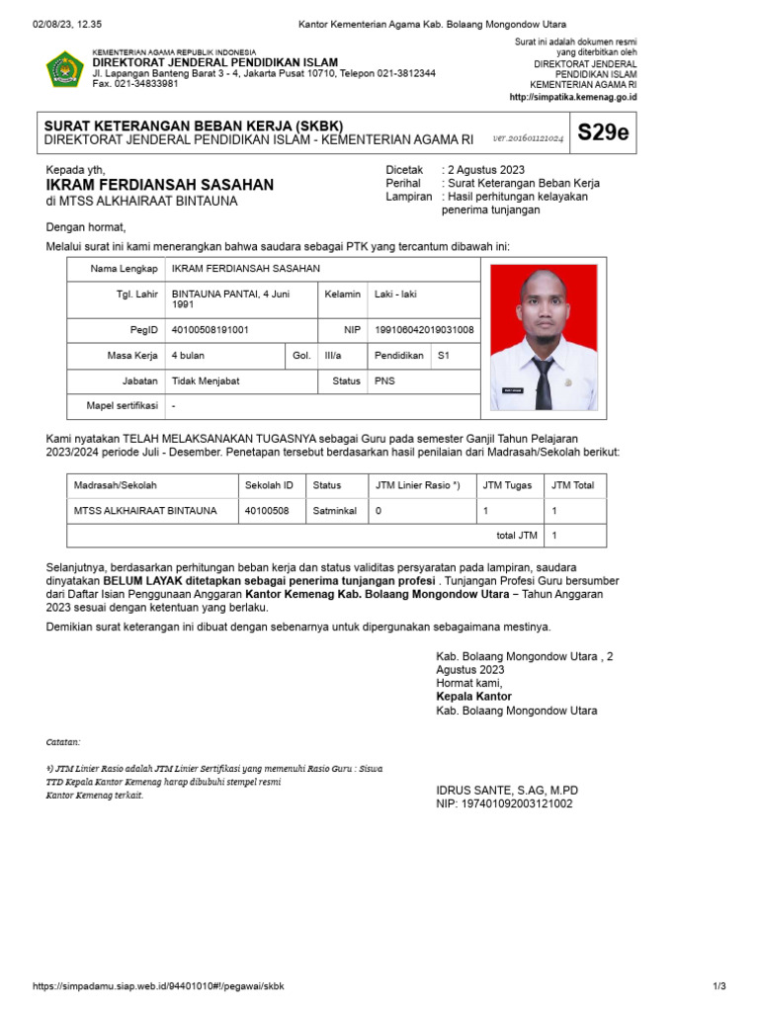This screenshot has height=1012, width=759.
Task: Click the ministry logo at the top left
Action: tap(64, 68)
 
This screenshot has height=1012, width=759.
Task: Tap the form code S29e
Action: tap(603, 133)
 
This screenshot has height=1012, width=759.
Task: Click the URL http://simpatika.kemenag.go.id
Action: tap(573, 98)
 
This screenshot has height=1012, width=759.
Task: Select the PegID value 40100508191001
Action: tap(211, 330)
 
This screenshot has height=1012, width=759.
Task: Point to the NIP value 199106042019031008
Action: tap(422, 330)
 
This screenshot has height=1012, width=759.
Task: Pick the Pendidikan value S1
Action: tap(444, 355)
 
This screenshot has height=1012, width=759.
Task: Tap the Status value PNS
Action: tap(384, 380)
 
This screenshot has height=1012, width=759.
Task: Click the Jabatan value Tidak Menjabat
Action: tap(206, 380)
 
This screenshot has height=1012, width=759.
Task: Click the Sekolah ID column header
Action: tap(268, 485)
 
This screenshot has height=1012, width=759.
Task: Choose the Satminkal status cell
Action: tap(334, 511)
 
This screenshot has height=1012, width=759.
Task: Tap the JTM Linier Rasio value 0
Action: tap(378, 511)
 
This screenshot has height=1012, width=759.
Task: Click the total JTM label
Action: tap(516, 536)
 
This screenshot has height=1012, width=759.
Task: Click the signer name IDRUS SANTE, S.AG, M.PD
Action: tap(507, 790)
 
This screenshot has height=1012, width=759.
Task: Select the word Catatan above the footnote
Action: tap(64, 741)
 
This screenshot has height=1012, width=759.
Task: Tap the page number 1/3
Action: tap(718, 986)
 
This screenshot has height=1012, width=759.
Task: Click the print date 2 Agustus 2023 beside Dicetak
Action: tap(485, 170)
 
